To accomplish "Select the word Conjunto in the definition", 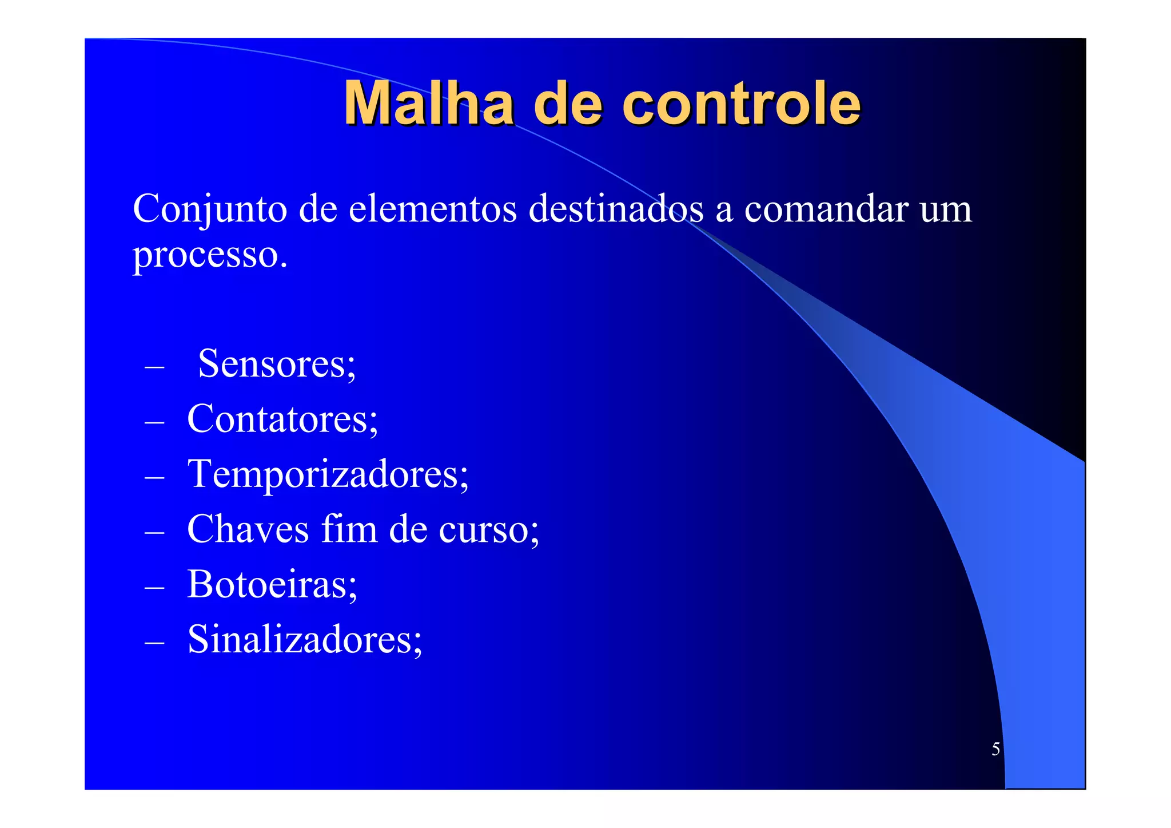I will [209, 210].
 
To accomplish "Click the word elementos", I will [432, 209].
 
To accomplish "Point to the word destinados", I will [616, 209].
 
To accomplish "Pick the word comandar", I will [826, 209].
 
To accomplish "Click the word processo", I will [209, 255].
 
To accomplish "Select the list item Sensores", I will [277, 363].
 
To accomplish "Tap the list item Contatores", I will [282, 419].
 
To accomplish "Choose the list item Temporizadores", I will [328, 474].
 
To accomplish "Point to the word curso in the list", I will [488, 530].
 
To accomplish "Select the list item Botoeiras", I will [272, 584].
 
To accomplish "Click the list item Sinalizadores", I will [305, 639].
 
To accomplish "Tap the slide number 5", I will [995, 749].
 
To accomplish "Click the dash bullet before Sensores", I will [154, 367].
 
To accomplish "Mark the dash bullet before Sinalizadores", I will [154, 643].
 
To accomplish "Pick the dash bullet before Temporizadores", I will [154, 477].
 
